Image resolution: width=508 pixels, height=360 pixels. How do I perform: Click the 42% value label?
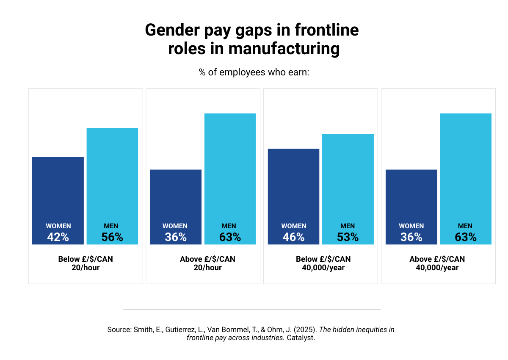tap(58, 237)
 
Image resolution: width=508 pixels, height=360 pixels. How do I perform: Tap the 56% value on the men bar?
tap(112, 237)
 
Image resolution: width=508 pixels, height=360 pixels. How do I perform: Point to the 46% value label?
tap(294, 237)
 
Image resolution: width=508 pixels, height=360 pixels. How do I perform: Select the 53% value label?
tap(348, 237)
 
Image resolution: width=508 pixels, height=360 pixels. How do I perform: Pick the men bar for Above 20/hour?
tap(230, 169)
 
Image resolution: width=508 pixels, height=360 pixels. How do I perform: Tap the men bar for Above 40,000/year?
tap(466, 169)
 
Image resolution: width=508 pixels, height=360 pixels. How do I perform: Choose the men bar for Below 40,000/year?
tap(348, 178)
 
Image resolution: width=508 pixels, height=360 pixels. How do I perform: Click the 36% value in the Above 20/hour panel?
tap(176, 237)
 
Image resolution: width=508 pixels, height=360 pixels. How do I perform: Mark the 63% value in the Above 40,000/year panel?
tap(466, 237)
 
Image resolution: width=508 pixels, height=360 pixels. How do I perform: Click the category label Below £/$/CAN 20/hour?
tap(86, 263)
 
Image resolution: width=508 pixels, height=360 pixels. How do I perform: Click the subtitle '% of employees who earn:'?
tap(254, 72)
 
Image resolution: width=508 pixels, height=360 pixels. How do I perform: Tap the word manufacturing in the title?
tap(284, 49)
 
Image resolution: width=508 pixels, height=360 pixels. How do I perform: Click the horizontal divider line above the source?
tap(252, 310)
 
